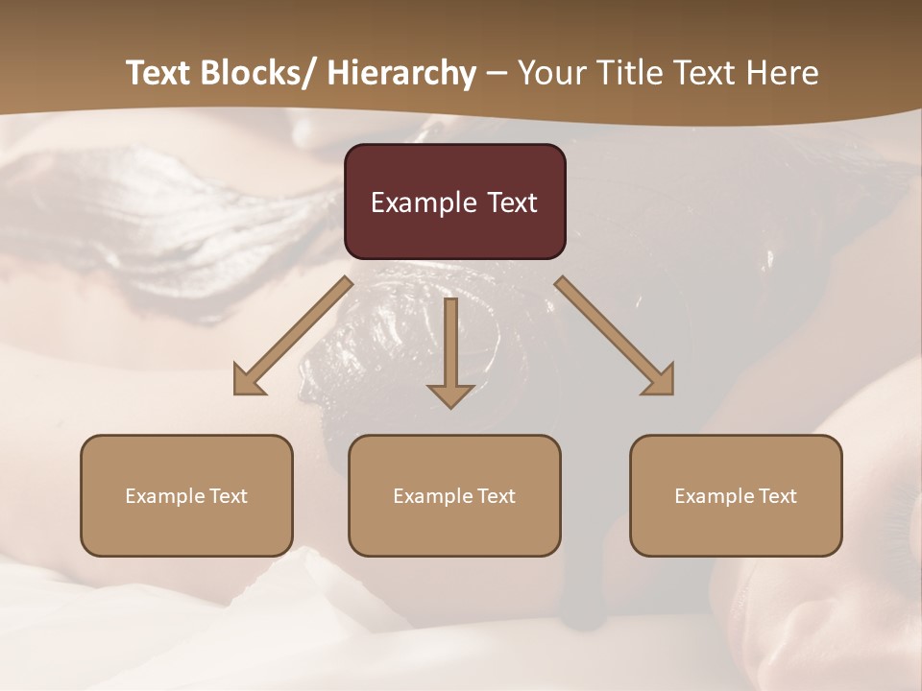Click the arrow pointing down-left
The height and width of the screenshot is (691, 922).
coord(291,337)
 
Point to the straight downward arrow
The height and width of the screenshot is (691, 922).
coord(450,351)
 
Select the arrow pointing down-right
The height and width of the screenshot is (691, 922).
coord(615,336)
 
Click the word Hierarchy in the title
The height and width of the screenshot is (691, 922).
coord(400,73)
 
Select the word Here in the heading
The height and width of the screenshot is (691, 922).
coord(782,73)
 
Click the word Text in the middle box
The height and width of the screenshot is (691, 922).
coord(493,496)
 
